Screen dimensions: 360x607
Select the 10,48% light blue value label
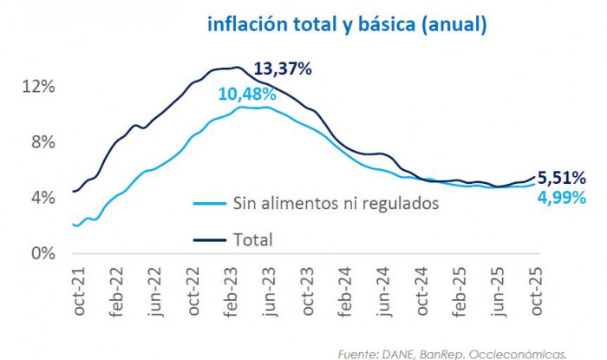click(247, 94)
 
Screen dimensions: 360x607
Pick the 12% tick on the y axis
click(40, 87)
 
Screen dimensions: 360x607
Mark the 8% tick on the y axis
click(43, 142)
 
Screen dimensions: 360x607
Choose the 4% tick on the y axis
click(43, 198)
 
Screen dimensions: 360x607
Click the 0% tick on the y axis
click(43, 253)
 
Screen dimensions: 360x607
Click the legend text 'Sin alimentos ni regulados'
click(331, 204)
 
